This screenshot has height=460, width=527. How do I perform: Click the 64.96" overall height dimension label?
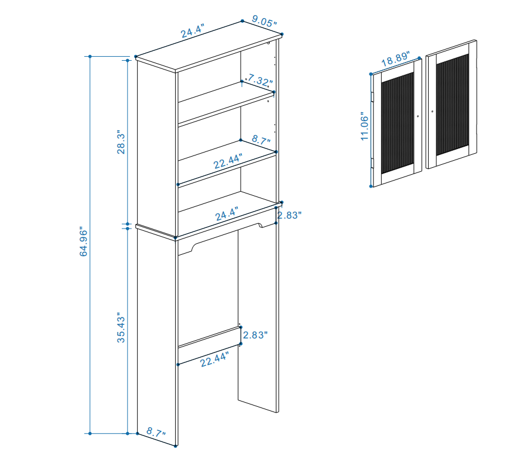click(x=83, y=243)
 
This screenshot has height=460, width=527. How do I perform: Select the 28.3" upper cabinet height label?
click(x=121, y=142)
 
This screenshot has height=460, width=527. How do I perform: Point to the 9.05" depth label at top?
click(x=265, y=22)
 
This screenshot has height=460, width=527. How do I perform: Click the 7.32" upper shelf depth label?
click(x=260, y=81)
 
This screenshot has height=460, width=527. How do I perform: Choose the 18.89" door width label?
click(x=396, y=58)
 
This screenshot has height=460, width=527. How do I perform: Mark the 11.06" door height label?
click(x=364, y=126)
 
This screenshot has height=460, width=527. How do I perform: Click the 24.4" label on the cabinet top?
click(x=193, y=31)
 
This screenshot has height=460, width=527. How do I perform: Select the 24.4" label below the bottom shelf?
click(x=227, y=214)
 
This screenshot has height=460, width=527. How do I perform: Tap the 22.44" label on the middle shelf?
click(x=228, y=161)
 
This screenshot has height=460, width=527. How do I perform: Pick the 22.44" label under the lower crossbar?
click(x=215, y=359)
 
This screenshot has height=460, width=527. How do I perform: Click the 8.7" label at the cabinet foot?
click(x=156, y=432)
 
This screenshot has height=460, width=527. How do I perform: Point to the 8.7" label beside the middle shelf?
click(x=262, y=140)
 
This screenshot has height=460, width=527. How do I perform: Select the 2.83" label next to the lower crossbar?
click(x=255, y=335)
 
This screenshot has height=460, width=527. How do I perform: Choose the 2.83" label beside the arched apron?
click(x=289, y=215)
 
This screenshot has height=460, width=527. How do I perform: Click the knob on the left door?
click(x=418, y=116)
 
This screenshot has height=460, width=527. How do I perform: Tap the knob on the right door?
click(x=432, y=112)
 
